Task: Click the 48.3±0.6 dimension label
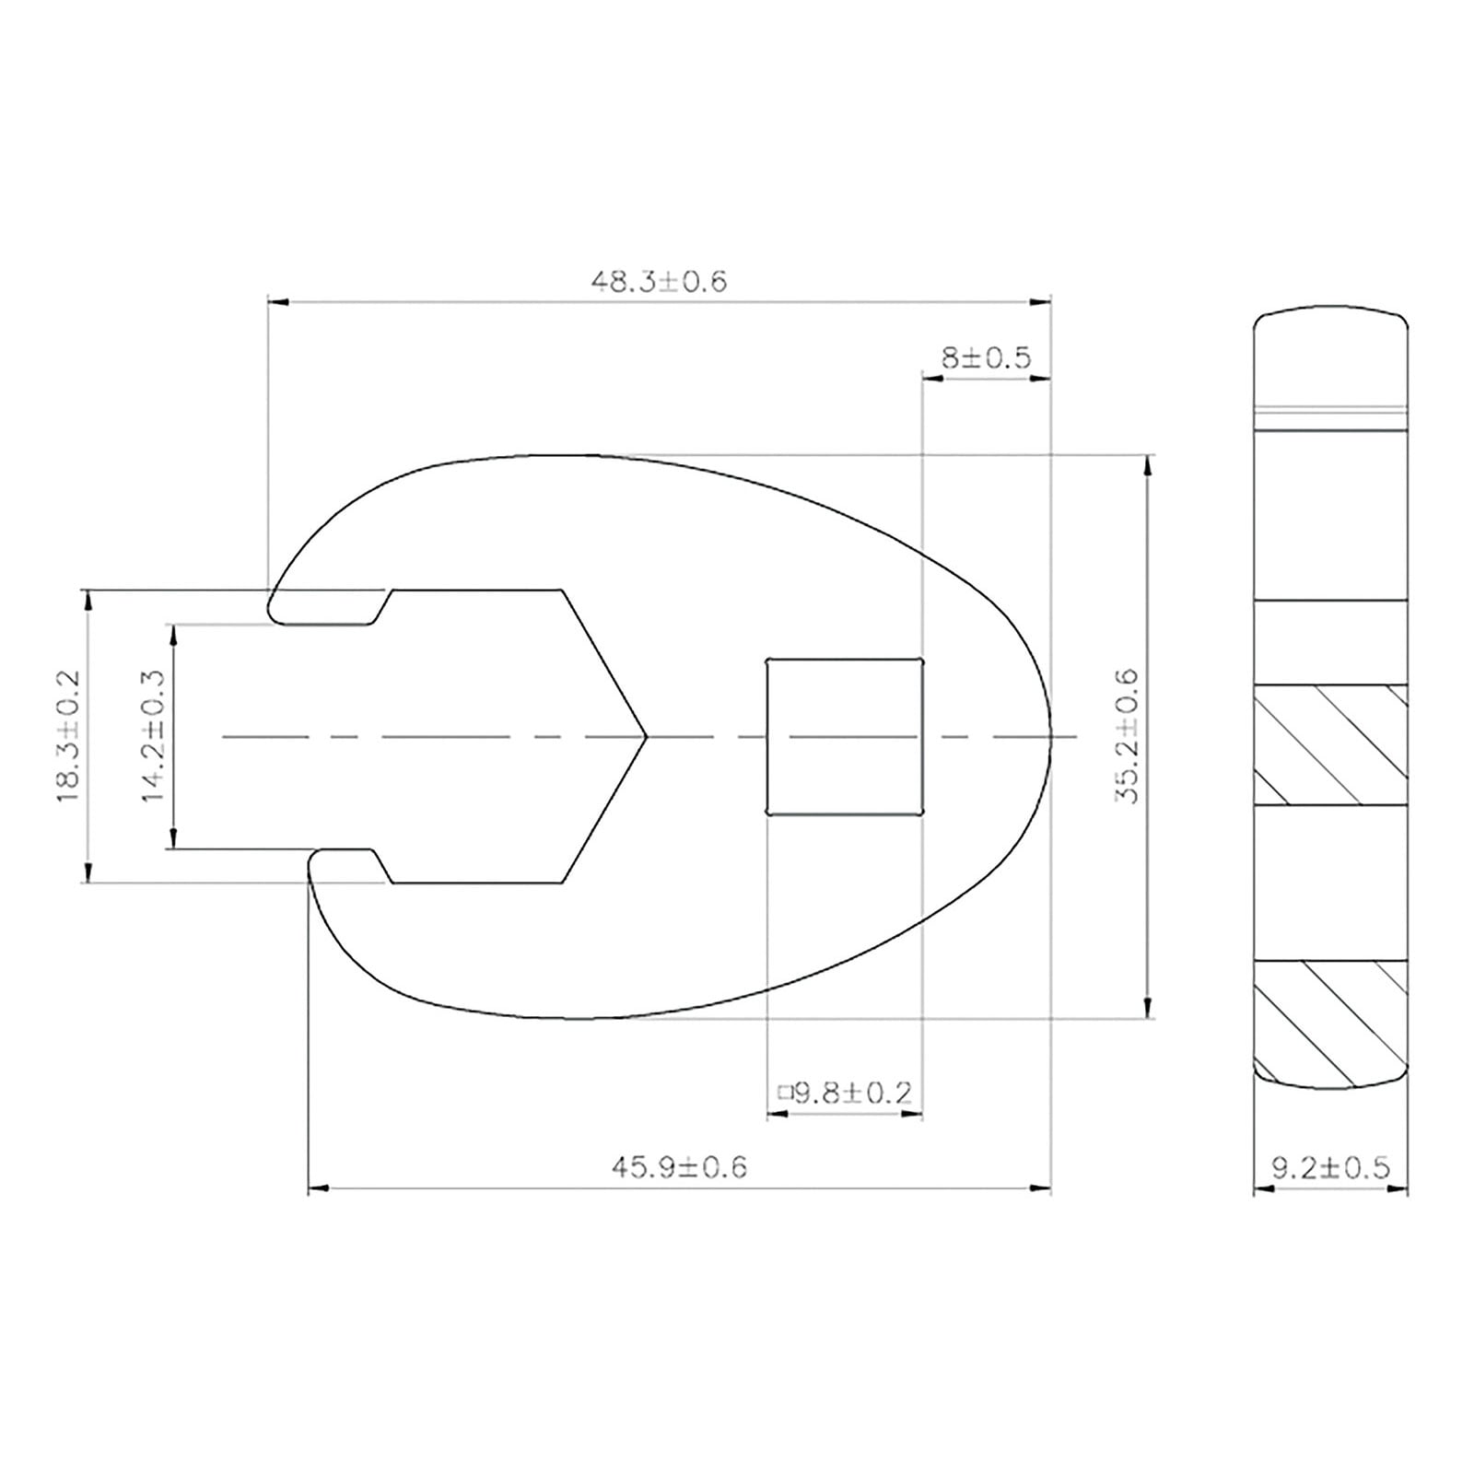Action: (x=659, y=281)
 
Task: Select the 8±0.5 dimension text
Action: (x=986, y=357)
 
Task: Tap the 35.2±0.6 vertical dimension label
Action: (x=1127, y=737)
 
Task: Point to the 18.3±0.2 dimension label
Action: (x=70, y=737)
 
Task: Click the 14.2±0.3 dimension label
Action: (x=153, y=736)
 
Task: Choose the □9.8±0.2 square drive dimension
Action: (x=845, y=1094)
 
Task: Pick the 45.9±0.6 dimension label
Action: (x=679, y=1168)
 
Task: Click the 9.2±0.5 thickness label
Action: (x=1330, y=1168)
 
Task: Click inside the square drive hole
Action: (x=845, y=737)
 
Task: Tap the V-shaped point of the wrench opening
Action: (x=647, y=737)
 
